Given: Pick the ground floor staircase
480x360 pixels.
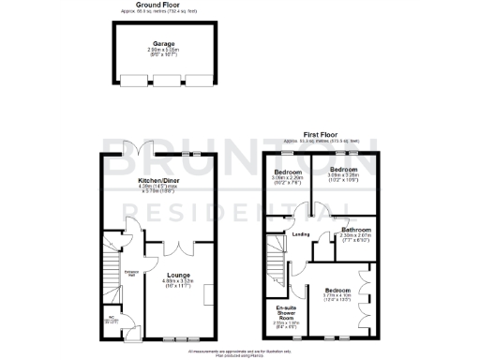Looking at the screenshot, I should pos(106,272).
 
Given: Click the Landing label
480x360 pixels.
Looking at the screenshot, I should pos(301,234).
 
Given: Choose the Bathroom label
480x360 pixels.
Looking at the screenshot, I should pos(356,229).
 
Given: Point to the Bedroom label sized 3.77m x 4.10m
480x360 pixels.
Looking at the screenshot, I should pos(338,291).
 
